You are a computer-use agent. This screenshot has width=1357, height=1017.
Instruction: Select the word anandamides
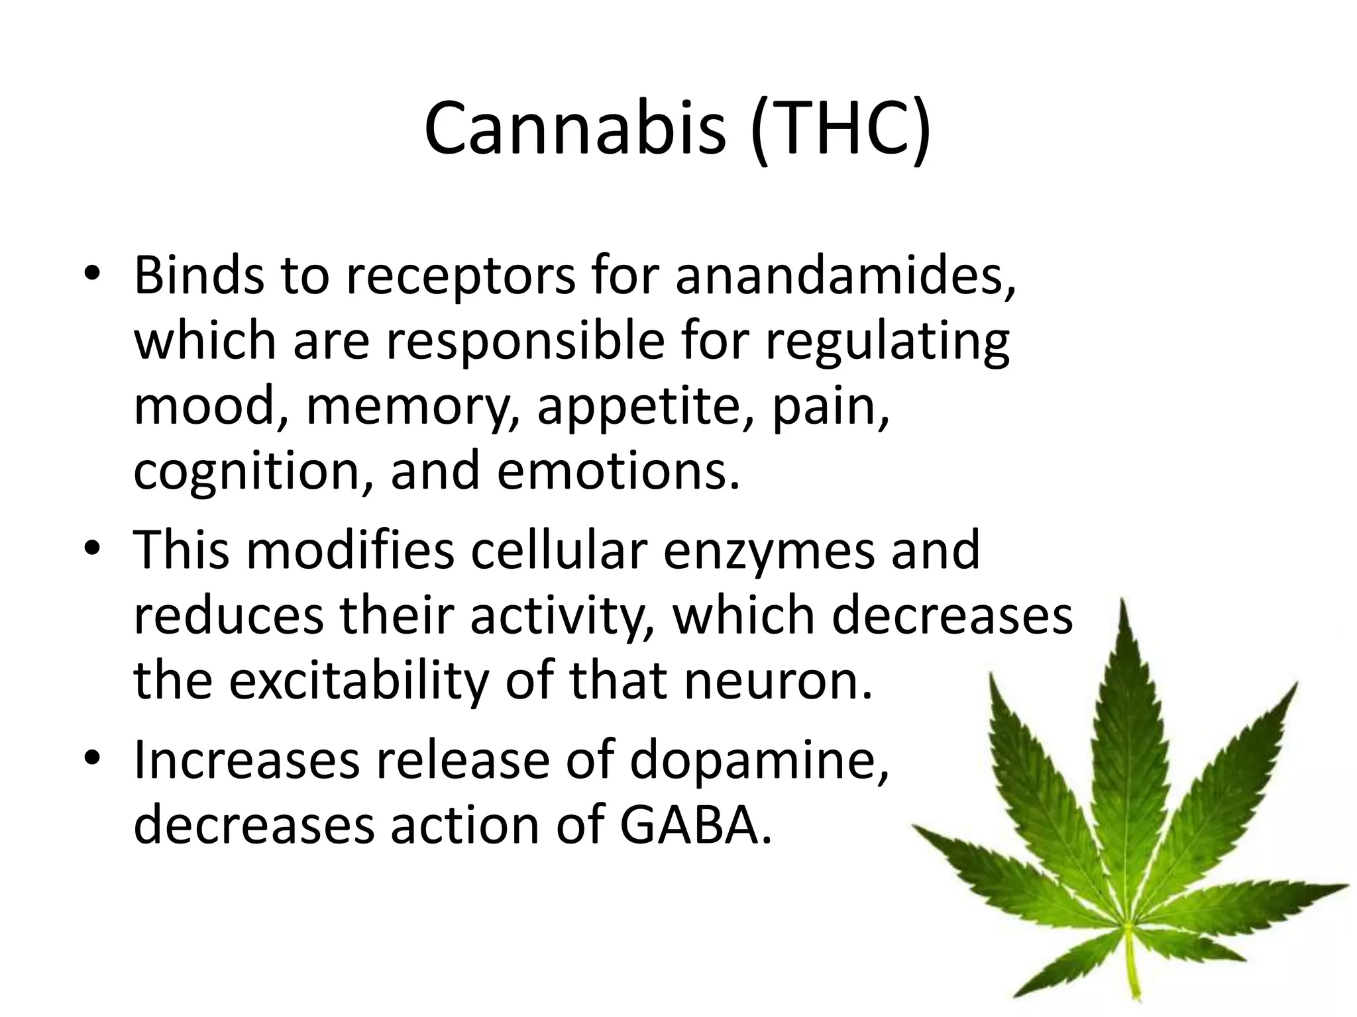[x=845, y=275]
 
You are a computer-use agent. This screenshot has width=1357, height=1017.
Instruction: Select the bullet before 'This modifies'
[x=92, y=553]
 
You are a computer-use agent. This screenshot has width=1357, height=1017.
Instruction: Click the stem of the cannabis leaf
[x=1134, y=967]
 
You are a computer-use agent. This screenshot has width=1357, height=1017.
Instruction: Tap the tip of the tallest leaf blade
[x=1122, y=601]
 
